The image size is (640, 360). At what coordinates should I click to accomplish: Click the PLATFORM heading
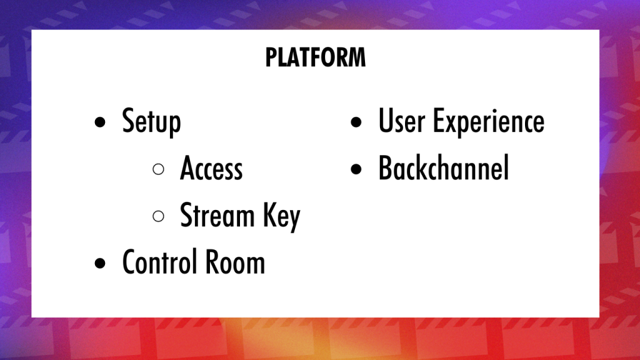[316, 57]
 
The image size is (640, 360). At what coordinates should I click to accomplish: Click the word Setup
[151, 122]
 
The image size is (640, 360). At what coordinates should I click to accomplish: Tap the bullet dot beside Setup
[100, 122]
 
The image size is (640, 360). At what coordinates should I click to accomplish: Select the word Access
[211, 168]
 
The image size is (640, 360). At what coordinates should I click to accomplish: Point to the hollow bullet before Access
[158, 169]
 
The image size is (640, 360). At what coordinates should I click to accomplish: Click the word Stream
[217, 215]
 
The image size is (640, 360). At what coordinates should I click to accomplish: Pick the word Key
[282, 216]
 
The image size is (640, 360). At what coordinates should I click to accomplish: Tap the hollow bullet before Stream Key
[158, 216]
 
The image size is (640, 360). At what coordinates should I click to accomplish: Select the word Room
[235, 262]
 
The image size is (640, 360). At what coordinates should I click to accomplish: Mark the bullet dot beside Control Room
[100, 263]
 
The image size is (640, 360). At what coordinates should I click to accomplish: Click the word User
[402, 121]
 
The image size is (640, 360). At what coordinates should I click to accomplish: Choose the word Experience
[489, 122]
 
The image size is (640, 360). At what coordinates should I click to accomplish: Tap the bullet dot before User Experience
[356, 122]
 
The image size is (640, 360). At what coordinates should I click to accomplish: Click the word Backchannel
[444, 167]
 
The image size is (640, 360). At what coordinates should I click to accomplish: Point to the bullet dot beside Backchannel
[356, 169]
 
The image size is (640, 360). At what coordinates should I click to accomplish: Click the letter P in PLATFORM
[271, 57]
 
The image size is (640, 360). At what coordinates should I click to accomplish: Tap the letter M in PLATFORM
[357, 57]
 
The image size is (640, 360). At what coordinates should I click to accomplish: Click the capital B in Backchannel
[386, 167]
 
